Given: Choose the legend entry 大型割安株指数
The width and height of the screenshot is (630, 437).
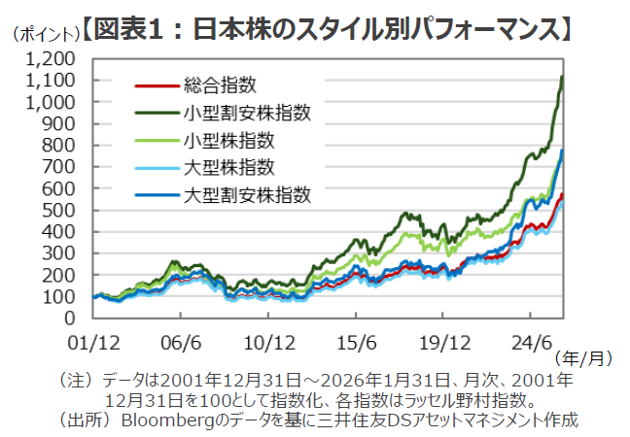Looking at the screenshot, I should (247, 195).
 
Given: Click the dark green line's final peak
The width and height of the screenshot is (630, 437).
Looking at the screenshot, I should (562, 77).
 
